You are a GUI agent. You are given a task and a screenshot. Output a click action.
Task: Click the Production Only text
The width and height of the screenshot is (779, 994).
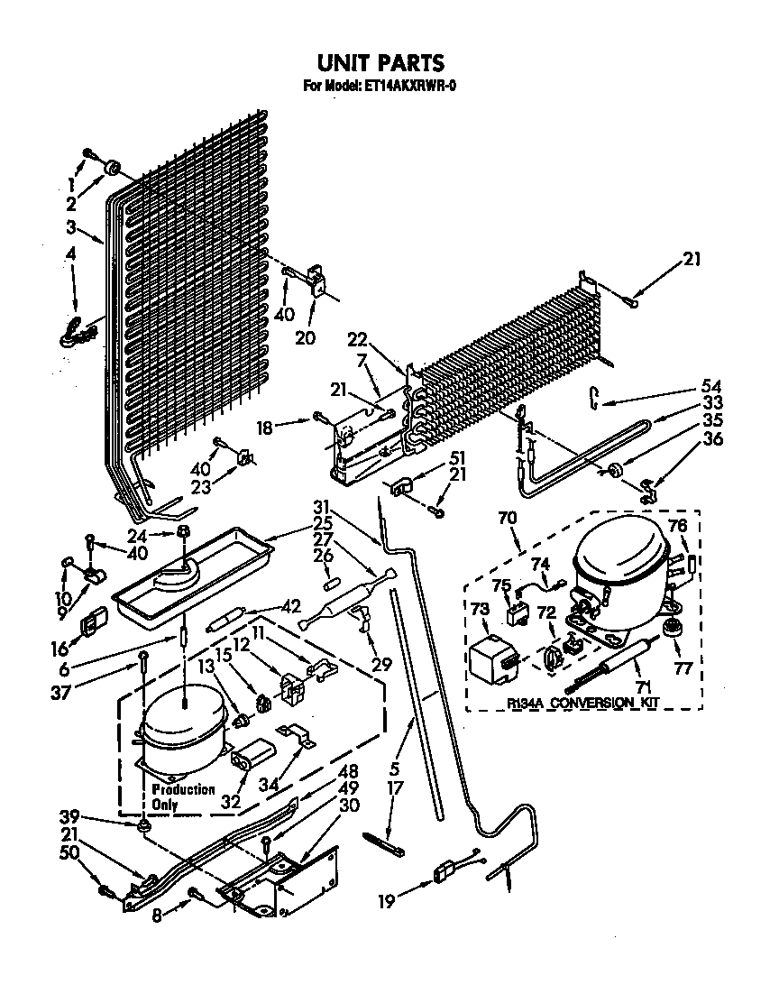point(183,796)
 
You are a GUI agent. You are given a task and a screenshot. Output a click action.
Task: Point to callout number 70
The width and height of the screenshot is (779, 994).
point(508,520)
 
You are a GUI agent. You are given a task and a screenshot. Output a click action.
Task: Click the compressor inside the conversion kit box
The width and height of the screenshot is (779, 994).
point(619,570)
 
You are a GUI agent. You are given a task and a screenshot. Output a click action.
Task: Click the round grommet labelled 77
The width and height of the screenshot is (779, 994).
point(671,627)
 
